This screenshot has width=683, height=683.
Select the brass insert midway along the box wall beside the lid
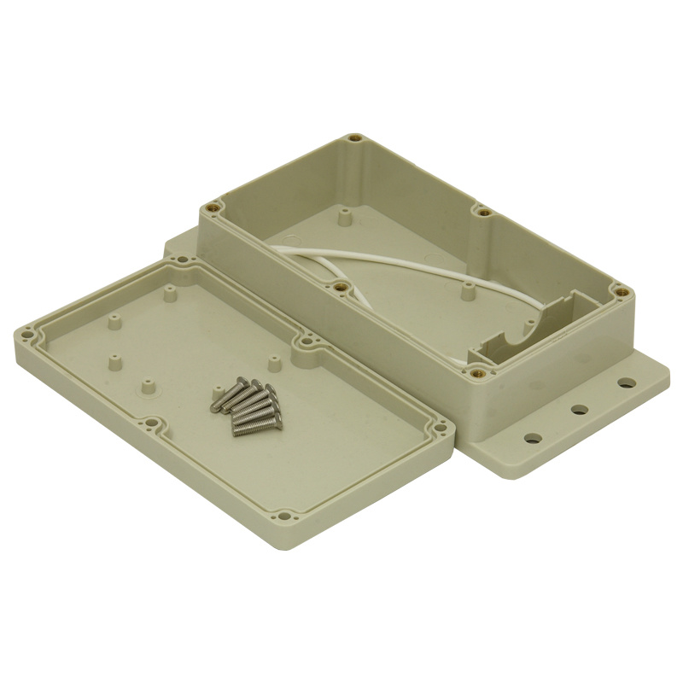(341, 287)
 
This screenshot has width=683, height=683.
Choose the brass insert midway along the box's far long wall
(483, 211)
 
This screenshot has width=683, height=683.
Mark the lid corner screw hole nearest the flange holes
(441, 428)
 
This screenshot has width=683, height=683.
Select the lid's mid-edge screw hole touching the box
(304, 344)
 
